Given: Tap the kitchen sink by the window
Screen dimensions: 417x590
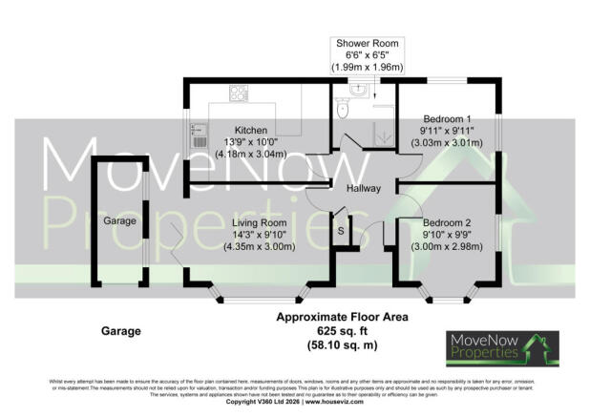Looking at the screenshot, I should (x=200, y=135).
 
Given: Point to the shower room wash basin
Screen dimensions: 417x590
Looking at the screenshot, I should (x=357, y=91).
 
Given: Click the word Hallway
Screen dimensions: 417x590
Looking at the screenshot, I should (x=364, y=189).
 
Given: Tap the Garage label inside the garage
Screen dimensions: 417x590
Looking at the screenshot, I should (x=120, y=221).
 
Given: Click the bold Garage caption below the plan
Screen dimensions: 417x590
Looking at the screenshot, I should (x=120, y=331).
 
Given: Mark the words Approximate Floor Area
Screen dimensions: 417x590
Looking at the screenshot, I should (x=342, y=317).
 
